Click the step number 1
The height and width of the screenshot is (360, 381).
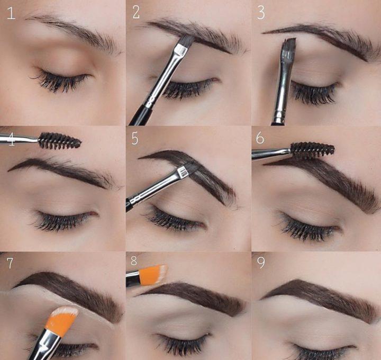(x=11, y=13)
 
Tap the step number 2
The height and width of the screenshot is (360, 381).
(x=136, y=12)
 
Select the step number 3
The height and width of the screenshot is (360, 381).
(x=261, y=13)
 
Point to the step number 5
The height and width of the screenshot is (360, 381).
(x=135, y=139)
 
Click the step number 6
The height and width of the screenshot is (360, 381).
(x=260, y=138)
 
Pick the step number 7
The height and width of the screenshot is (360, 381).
(x=10, y=263)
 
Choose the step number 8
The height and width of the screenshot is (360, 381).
(x=134, y=260)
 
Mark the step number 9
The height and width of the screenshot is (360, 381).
(x=261, y=263)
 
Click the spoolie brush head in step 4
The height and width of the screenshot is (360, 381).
(x=60, y=141)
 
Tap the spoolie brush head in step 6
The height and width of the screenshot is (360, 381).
(x=312, y=151)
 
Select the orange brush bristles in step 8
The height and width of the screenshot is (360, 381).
(x=153, y=275)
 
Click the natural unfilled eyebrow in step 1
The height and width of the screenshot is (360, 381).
(x=73, y=31)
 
